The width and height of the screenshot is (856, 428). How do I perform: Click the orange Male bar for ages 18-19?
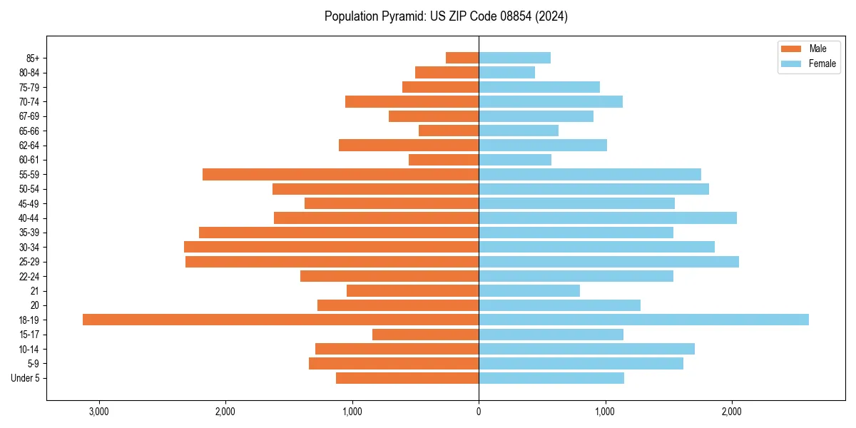pyautogui.click(x=280, y=320)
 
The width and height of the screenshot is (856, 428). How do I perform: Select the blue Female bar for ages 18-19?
pyautogui.click(x=643, y=320)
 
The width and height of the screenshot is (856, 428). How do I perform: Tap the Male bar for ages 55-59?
pyautogui.click(x=340, y=174)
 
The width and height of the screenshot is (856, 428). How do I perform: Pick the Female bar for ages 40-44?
pyautogui.click(x=607, y=218)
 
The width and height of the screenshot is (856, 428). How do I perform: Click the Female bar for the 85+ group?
pyautogui.click(x=514, y=58)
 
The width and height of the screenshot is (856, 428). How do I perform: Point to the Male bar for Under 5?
pyautogui.click(x=407, y=378)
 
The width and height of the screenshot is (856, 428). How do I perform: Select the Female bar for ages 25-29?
pyautogui.click(x=608, y=262)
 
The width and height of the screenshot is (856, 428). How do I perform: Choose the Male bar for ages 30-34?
pyautogui.click(x=331, y=247)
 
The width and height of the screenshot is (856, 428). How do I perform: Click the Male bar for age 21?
pyautogui.click(x=412, y=290)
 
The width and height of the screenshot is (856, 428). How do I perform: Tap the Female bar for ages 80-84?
pyautogui.click(x=506, y=72)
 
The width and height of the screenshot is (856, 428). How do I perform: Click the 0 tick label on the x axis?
pyautogui.click(x=479, y=412)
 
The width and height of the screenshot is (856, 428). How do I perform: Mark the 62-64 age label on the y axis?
pyautogui.click(x=29, y=146)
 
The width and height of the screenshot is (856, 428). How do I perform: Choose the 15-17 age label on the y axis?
pyautogui.click(x=29, y=335)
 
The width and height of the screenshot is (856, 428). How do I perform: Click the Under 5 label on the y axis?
pyautogui.click(x=25, y=378)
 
